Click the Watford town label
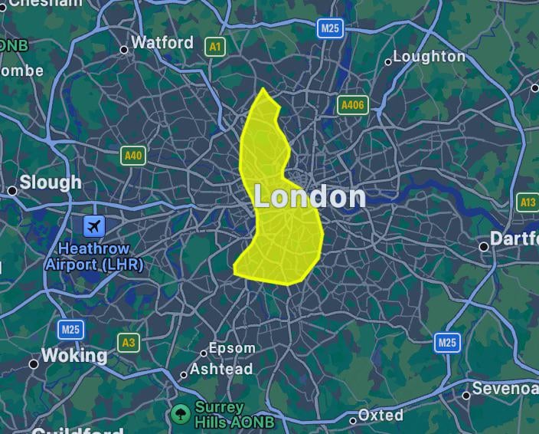tap(162, 43)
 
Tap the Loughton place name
tap(430, 57)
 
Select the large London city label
tap(309, 197)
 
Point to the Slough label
tap(51, 182)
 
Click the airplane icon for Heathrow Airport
tap(94, 226)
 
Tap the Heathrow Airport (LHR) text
tap(94, 257)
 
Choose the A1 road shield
tap(216, 47)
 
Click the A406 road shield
tap(352, 105)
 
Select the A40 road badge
tap(133, 156)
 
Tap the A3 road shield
tap(128, 342)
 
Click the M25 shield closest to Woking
tap(70, 330)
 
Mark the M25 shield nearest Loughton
tap(330, 28)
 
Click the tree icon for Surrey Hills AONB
tap(181, 414)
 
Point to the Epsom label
tap(232, 349)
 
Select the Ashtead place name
tap(221, 370)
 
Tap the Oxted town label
tap(381, 415)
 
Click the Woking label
tap(73, 356)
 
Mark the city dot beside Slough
tap(12, 190)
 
